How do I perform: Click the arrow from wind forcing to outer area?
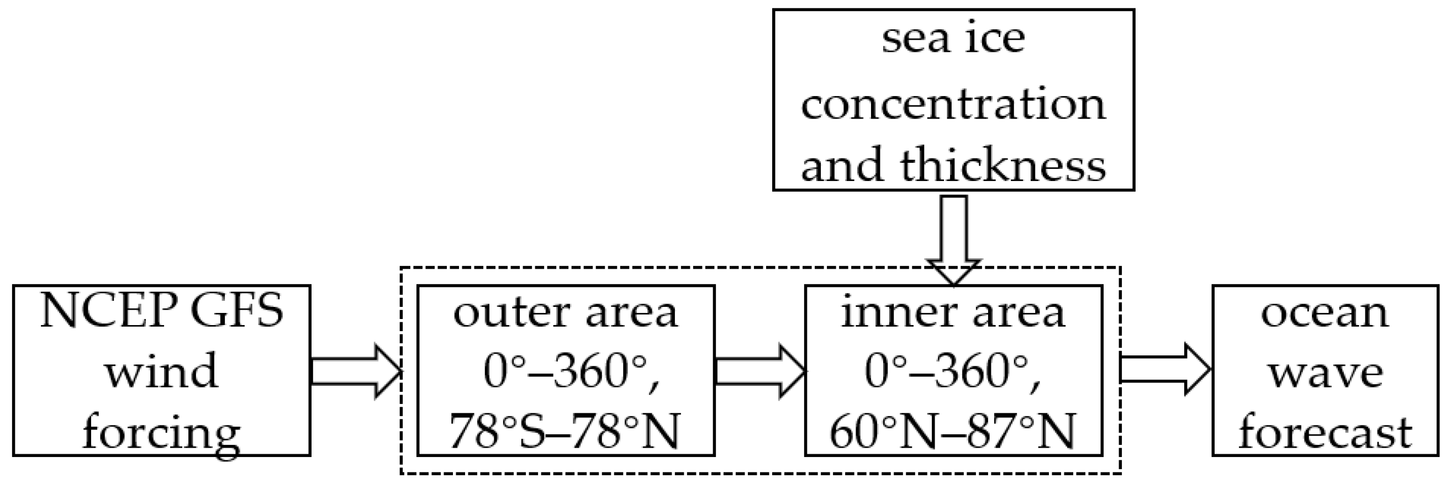tap(355, 371)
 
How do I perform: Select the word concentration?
tap(953, 104)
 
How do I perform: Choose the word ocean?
tap(1325, 313)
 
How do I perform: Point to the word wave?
tap(1325, 373)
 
